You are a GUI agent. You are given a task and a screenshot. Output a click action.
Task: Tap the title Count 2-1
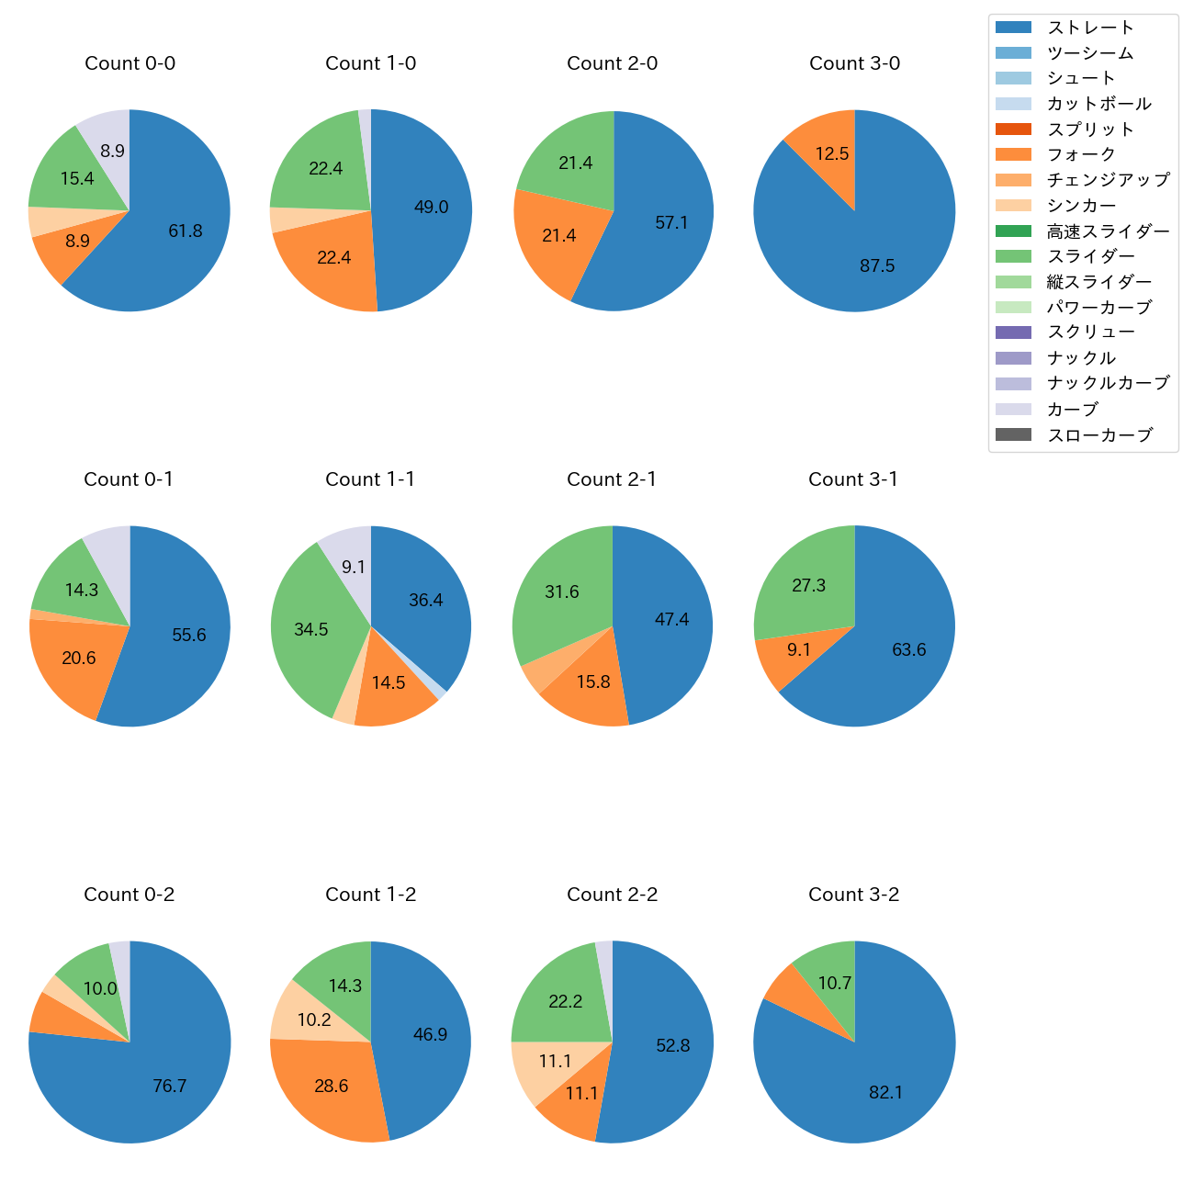click(612, 479)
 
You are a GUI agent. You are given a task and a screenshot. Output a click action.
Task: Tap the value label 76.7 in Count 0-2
click(170, 1087)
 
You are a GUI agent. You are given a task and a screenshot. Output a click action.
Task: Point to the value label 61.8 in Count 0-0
click(186, 231)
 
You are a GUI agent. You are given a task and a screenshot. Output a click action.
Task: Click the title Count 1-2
click(371, 895)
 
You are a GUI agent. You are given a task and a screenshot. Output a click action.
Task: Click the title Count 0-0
click(130, 63)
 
